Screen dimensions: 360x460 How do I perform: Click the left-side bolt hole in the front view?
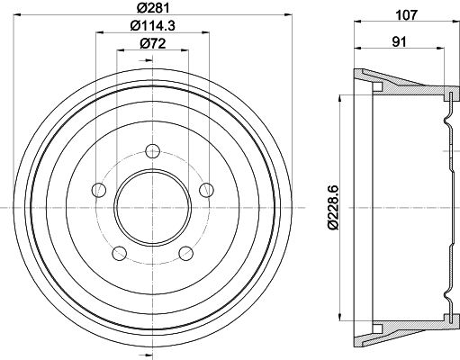(97, 189)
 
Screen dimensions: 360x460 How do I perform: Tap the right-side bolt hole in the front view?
(206, 189)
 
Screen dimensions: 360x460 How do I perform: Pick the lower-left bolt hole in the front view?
(118, 253)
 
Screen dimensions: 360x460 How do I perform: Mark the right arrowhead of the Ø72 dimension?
(184, 52)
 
